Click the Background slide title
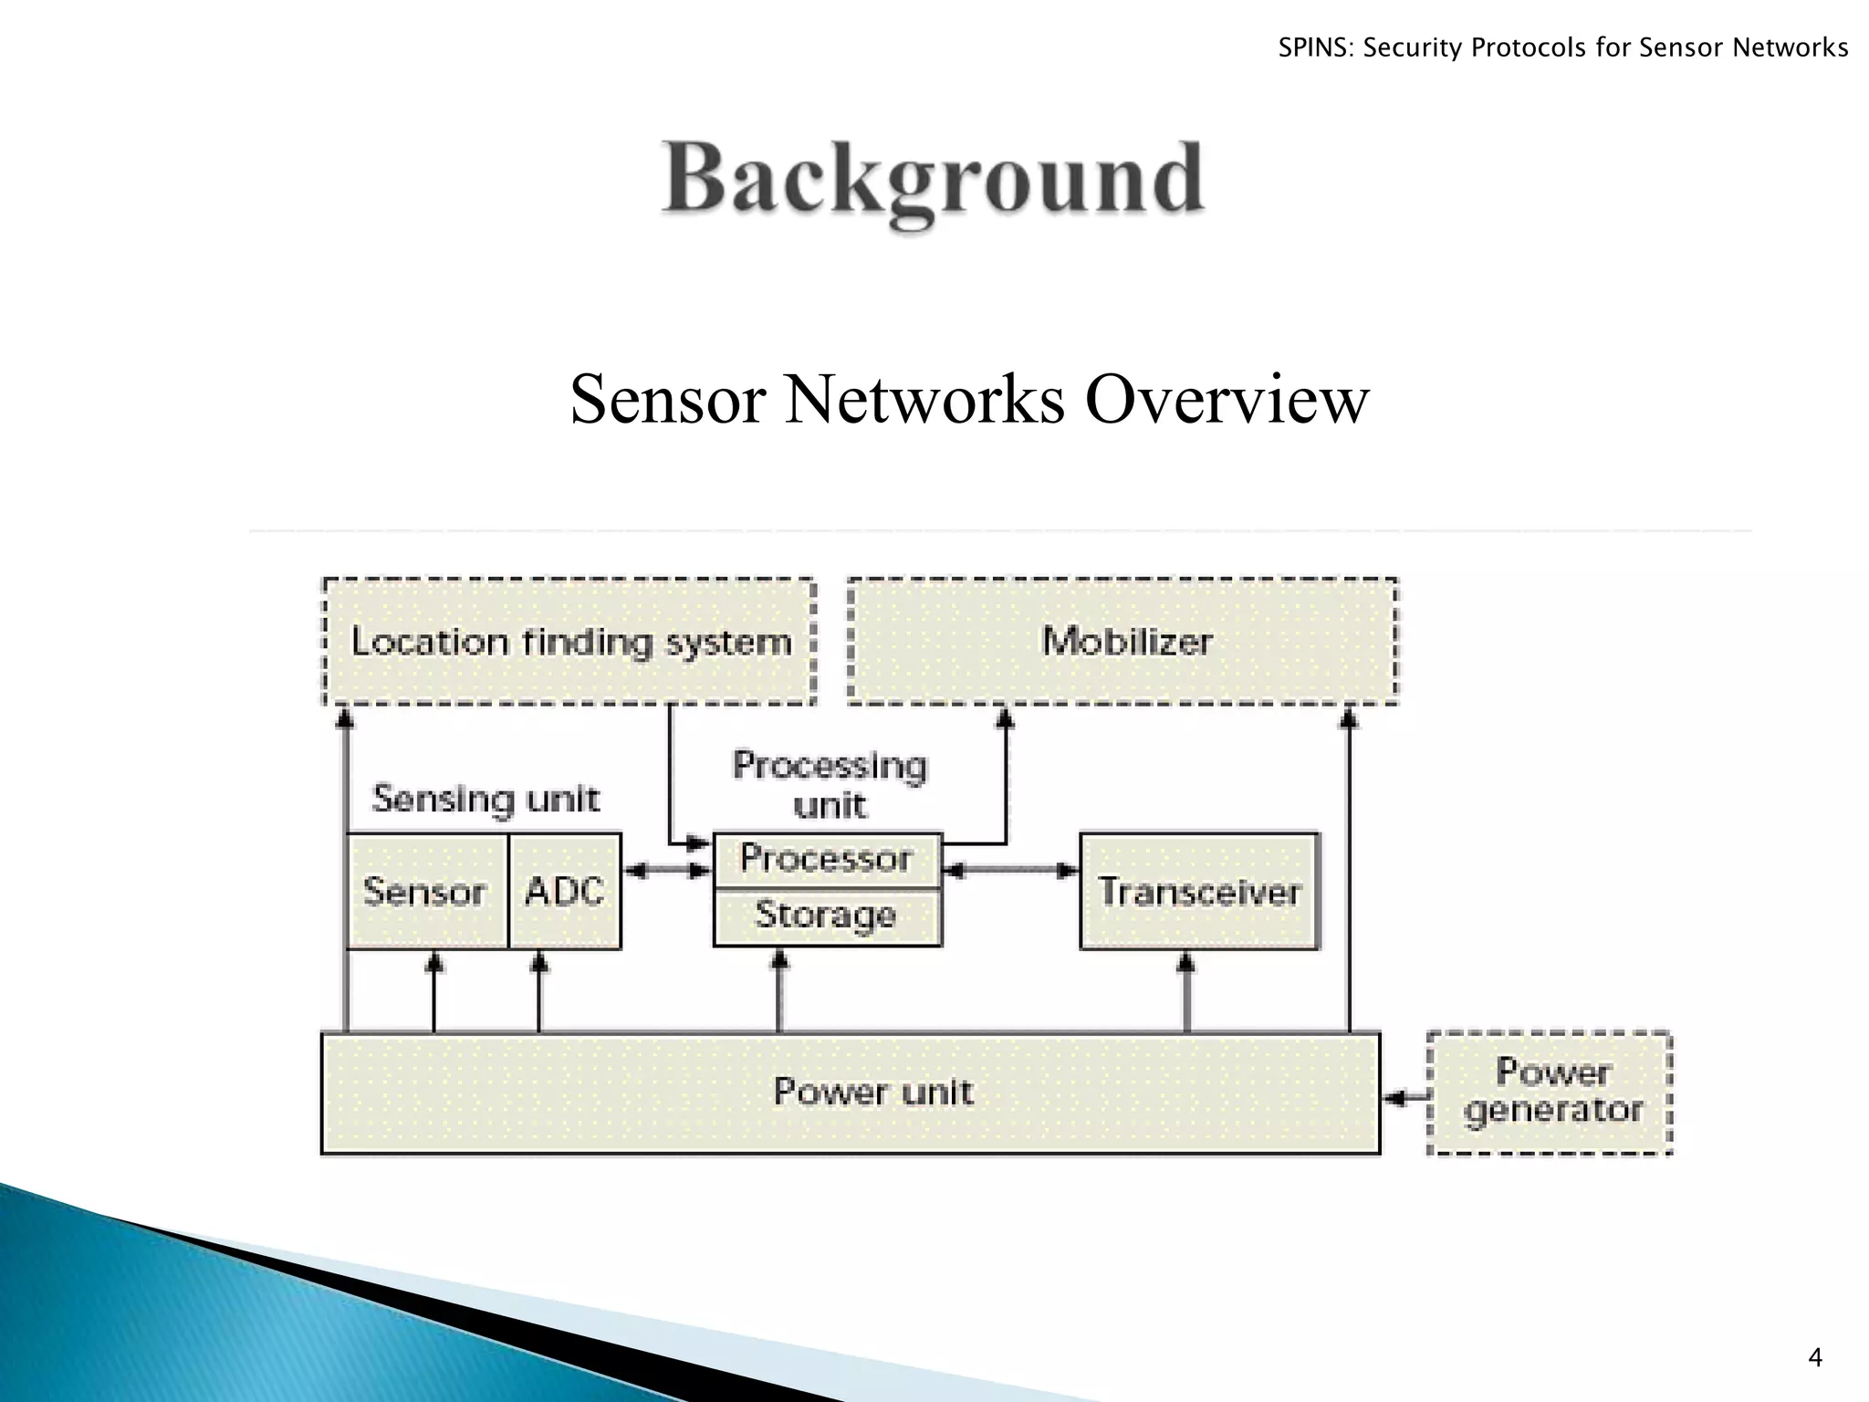pyautogui.click(x=933, y=178)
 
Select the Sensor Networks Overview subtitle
pyautogui.click(x=969, y=399)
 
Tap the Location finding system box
pyautogui.click(x=569, y=642)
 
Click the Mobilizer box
pyautogui.click(x=1123, y=641)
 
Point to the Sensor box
pyautogui.click(x=425, y=891)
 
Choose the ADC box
pyautogui.click(x=565, y=891)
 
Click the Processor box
pyautogui.click(x=826, y=859)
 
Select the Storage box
pyautogui.click(x=826, y=915)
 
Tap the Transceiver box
pyautogui.click(x=1199, y=891)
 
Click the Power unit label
pyautogui.click(x=873, y=1092)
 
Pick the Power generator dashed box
pyautogui.click(x=1551, y=1092)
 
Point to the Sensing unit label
pyautogui.click(x=486, y=800)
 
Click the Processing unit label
pyautogui.click(x=830, y=783)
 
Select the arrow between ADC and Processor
pyautogui.click(x=667, y=871)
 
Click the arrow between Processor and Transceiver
pyautogui.click(x=1010, y=871)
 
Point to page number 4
pyautogui.click(x=1814, y=1358)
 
